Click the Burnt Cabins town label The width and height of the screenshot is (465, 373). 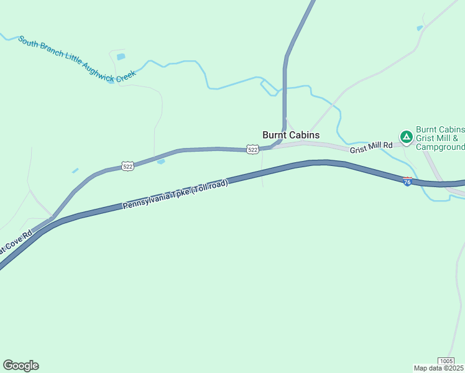[291, 135]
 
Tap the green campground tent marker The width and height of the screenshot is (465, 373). [406, 136]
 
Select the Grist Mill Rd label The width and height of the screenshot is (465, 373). [371, 146]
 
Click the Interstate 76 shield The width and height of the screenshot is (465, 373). [407, 182]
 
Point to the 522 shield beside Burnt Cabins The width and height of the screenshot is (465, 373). [252, 150]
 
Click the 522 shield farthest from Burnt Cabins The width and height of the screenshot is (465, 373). [127, 166]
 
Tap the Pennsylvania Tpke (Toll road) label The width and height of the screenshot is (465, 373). [175, 195]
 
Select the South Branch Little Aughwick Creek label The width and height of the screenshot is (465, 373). [76, 59]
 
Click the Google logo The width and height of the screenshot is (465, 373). [21, 366]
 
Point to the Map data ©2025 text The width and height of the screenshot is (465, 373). [438, 368]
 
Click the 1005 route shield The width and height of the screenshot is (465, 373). [446, 361]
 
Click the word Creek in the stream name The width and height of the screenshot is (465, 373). [123, 76]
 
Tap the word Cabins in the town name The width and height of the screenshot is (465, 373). [305, 135]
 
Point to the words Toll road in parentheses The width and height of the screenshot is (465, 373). [211, 187]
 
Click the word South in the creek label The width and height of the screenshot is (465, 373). [29, 42]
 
